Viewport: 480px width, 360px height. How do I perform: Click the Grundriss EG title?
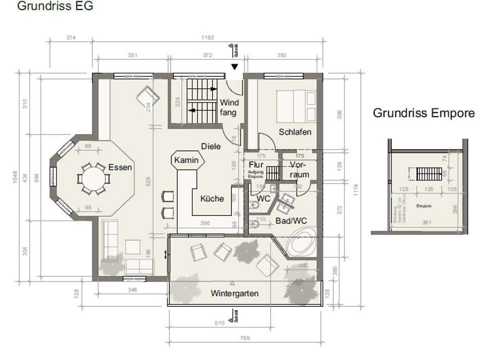point(55,7)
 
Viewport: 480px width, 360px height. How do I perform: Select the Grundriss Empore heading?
point(423,113)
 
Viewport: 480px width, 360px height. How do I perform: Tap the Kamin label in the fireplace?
point(186,160)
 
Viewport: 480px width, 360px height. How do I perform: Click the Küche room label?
point(212,199)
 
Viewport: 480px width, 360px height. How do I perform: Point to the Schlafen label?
point(295,132)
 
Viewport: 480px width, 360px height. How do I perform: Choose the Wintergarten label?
point(235,293)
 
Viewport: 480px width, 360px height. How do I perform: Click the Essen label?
point(120,167)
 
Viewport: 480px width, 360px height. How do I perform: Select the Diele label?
point(211,146)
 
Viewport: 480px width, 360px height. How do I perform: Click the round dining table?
point(93,178)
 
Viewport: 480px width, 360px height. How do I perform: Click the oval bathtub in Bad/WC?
point(302,243)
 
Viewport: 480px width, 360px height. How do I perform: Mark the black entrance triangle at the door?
point(234,67)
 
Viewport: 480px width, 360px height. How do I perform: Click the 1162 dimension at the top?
point(207,37)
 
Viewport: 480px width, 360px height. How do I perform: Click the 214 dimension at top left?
point(71,37)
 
